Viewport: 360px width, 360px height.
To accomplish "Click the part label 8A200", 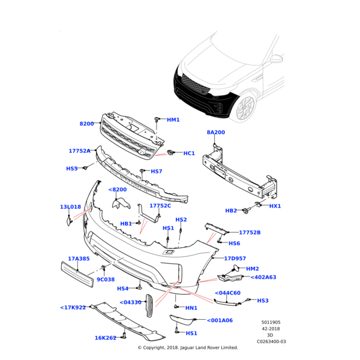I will pos(215,132).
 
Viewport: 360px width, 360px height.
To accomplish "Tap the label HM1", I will pos(173,120).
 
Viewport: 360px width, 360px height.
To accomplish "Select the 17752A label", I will pos(79,151).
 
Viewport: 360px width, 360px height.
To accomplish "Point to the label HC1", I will pos(189,154).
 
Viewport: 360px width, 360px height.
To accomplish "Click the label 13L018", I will pos(70,207).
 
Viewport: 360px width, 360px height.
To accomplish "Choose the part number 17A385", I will pos(79,259).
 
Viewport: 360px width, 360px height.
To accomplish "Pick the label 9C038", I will pos(106,279).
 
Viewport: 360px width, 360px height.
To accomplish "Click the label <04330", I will pos(130,302).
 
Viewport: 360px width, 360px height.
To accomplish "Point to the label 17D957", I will pos(236,259).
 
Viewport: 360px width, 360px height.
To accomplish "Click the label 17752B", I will pos(250,232).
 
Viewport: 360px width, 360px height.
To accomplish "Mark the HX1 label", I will pos(275,206).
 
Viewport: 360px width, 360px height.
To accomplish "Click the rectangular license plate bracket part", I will pos(77,274).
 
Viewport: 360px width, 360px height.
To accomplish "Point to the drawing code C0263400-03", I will pos(271,341).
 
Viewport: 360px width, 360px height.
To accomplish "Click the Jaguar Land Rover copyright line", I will pos(188,347).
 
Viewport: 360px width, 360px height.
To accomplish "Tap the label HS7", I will pos(156,172).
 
